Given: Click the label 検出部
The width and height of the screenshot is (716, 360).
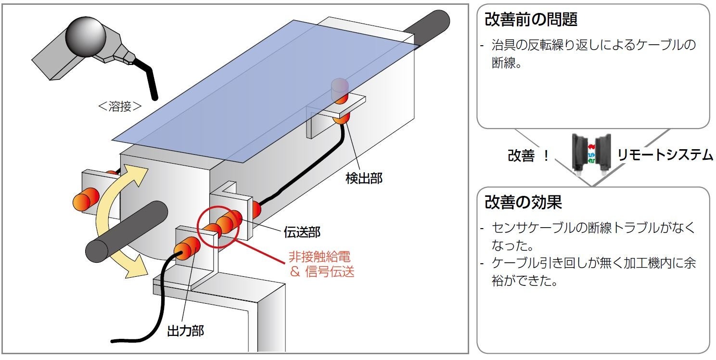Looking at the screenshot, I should click(364, 178).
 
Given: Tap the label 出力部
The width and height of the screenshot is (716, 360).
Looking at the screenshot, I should click(185, 331).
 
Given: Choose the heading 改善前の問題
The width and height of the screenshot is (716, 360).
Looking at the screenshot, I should click(531, 20).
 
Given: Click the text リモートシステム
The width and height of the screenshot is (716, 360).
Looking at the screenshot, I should click(664, 155).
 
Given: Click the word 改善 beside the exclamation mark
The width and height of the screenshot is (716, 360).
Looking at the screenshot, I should click(521, 156).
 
